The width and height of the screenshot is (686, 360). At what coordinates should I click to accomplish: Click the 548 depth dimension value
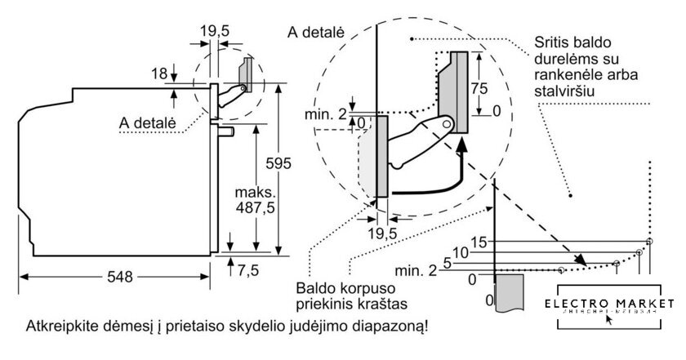tap(120, 276)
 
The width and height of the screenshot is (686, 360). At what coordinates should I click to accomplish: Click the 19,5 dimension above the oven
tap(214, 30)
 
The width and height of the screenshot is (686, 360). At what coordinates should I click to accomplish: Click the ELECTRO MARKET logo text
tap(615, 301)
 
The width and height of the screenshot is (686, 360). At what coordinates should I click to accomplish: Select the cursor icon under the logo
tap(608, 319)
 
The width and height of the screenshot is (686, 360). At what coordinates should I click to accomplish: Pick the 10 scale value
tap(462, 252)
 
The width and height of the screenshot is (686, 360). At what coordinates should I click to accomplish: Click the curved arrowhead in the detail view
tap(464, 144)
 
